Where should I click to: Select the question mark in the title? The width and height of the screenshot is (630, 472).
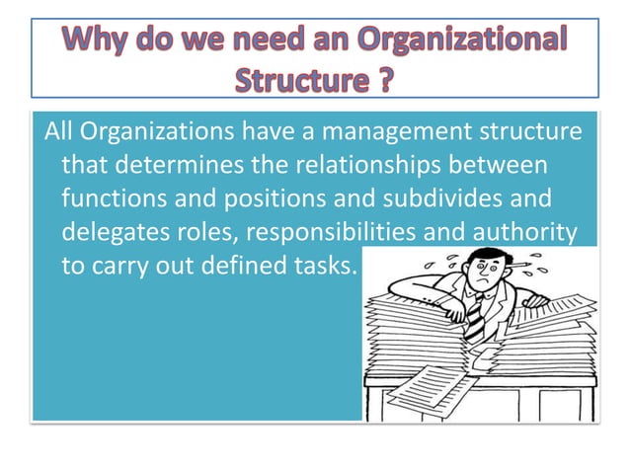pyautogui.click(x=390, y=78)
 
